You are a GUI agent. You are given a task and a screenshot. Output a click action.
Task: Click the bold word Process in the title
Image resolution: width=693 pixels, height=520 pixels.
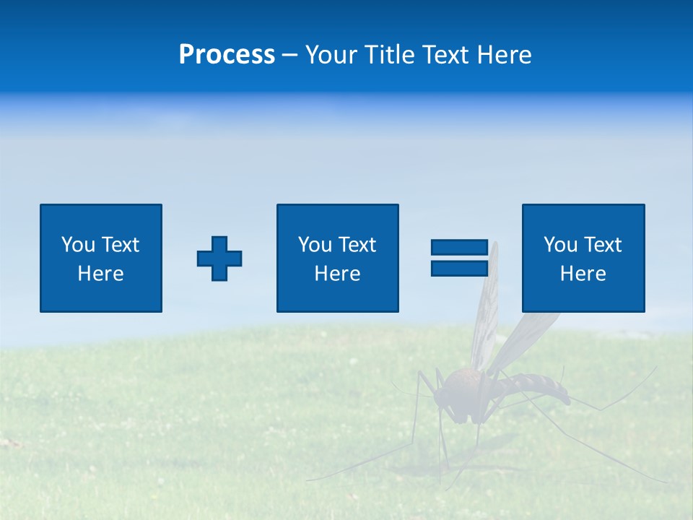click(x=227, y=55)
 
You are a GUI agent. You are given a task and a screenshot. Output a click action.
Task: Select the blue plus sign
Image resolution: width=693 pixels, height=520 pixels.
click(x=219, y=259)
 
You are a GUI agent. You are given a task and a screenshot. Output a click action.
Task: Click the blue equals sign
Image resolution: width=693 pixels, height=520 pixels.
click(x=459, y=258)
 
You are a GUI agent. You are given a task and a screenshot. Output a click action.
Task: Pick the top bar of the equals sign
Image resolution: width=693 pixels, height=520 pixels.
click(x=459, y=248)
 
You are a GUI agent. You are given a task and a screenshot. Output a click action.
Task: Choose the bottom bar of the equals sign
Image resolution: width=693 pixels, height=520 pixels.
click(x=459, y=268)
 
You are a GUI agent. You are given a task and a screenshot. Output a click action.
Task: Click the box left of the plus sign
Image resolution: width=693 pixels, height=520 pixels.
click(x=101, y=258)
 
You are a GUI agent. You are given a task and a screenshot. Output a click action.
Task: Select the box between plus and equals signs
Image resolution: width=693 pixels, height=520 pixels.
click(x=337, y=258)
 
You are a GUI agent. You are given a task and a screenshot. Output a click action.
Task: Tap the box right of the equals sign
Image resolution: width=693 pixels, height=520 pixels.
click(x=583, y=258)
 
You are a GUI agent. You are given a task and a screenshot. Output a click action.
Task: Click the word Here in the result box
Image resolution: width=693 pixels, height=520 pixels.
click(x=583, y=274)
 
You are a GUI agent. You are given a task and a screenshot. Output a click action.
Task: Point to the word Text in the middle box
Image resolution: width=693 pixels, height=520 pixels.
click(x=357, y=245)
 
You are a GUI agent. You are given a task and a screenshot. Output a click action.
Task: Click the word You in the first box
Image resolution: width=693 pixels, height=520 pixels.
click(x=78, y=245)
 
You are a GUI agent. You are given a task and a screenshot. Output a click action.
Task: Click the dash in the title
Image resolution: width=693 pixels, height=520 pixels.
click(x=289, y=55)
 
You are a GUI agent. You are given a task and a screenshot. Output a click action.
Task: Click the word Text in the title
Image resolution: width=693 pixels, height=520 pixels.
click(x=444, y=55)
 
